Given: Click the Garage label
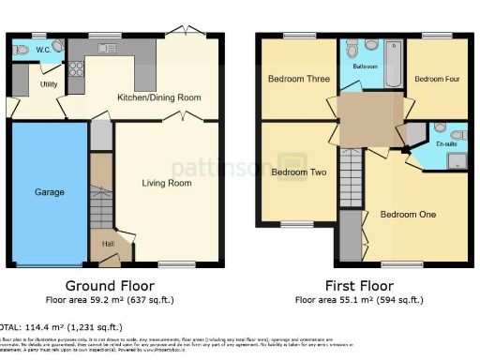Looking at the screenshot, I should click(50, 192).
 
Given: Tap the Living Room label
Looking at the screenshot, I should click(167, 183).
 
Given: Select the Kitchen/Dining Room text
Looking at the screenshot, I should click(158, 97).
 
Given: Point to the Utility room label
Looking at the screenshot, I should click(49, 84).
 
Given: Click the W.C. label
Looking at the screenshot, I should click(41, 49).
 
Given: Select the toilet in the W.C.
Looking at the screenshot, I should click(58, 47).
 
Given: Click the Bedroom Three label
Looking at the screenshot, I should click(298, 79).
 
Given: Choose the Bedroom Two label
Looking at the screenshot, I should click(298, 172).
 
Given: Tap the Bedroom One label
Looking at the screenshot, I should click(408, 215).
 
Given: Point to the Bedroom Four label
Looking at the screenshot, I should click(437, 79).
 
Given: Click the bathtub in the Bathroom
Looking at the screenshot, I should click(394, 61).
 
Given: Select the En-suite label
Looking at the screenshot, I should click(446, 145).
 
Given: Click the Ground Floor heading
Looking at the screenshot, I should click(110, 286).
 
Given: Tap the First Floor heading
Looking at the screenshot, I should click(358, 286).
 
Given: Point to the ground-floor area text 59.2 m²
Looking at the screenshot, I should click(110, 301).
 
